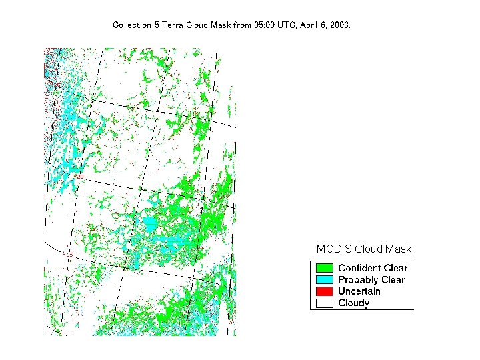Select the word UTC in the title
tap(286, 25)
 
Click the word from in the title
tap(242, 25)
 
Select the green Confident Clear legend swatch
tap(324, 268)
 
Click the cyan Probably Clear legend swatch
tap(324, 280)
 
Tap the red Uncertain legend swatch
tap(324, 291)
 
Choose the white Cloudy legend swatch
tap(324, 303)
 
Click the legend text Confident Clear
tap(372, 268)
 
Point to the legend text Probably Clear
tap(371, 280)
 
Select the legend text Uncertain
tap(359, 291)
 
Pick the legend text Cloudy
tap(353, 303)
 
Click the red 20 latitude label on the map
tap(81, 177)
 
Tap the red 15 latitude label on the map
tap(70, 254)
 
